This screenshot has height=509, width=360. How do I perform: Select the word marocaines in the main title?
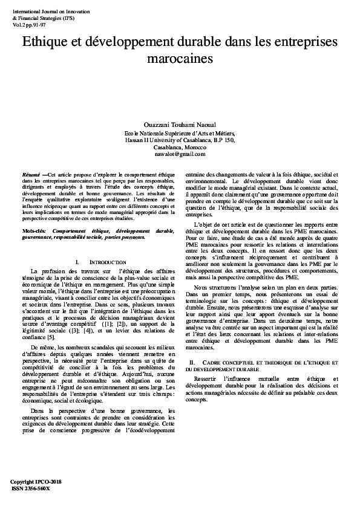(x=180, y=60)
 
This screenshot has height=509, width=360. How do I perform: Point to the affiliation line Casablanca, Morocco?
(x=180, y=148)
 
